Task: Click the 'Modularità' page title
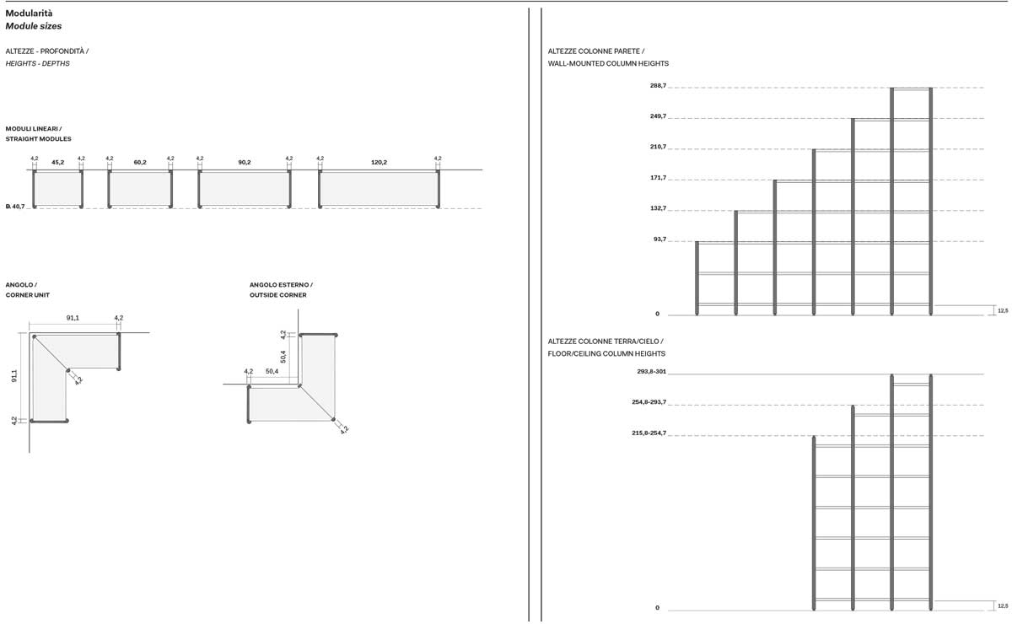(x=29, y=13)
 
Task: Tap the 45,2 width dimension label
(x=58, y=162)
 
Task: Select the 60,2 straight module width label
(x=140, y=162)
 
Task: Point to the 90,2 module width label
(x=245, y=162)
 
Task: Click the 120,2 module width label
(x=379, y=162)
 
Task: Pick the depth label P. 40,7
(x=15, y=207)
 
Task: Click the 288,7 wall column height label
(x=659, y=85)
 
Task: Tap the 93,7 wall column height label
(x=659, y=239)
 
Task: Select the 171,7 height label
(x=659, y=178)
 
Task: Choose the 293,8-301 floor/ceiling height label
(x=651, y=371)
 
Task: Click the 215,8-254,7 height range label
(x=649, y=433)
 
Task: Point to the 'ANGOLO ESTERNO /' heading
(x=281, y=285)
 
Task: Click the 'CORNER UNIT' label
(x=28, y=295)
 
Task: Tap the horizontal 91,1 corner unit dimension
(x=73, y=318)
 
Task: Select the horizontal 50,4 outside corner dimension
(x=272, y=371)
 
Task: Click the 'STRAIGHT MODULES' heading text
(x=39, y=139)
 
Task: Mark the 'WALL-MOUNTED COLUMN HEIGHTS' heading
(x=608, y=64)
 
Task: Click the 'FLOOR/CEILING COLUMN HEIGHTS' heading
(x=606, y=354)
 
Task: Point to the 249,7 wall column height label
(x=659, y=116)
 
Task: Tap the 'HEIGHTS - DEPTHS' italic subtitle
(x=37, y=64)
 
